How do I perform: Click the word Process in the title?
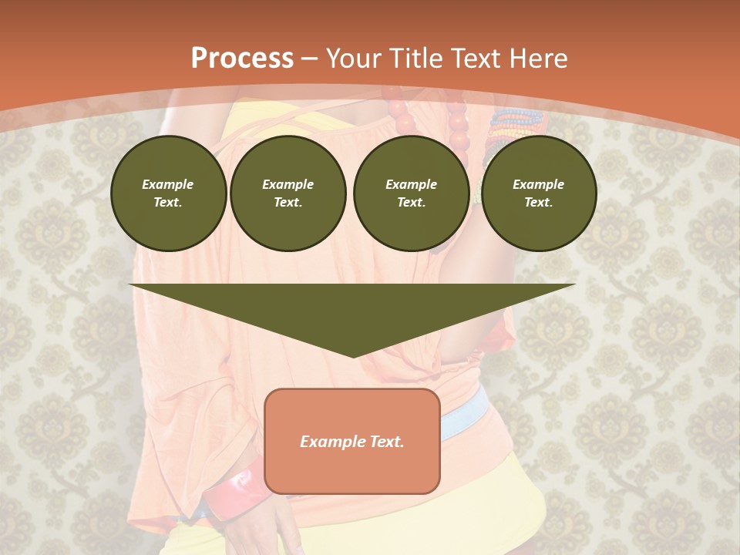pos(242,59)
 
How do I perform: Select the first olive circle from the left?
pos(168,193)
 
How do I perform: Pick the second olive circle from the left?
pos(288,193)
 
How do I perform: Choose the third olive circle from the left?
pos(411,193)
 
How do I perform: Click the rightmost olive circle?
pos(538,193)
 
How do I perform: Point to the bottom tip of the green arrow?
pos(353,356)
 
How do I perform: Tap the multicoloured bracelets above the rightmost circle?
pos(512,123)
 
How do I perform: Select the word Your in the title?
pos(352,59)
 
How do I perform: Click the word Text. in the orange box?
pos(385,442)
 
